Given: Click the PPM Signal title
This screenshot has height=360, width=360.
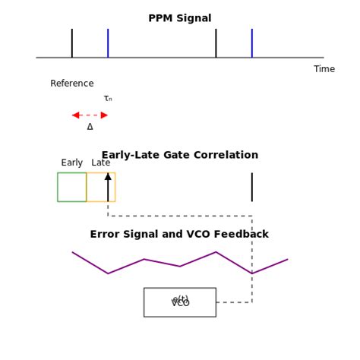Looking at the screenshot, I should pyautogui.click(x=180, y=18).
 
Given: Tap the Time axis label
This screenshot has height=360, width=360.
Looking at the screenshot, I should pyautogui.click(x=324, y=69).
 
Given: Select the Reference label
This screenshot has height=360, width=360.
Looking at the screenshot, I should pyautogui.click(x=72, y=84).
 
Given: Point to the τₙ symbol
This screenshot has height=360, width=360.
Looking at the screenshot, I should pyautogui.click(x=108, y=99).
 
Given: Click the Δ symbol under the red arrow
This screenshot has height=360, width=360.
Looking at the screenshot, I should pyautogui.click(x=90, y=127).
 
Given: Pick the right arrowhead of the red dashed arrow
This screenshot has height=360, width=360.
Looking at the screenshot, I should pyautogui.click(x=104, y=115).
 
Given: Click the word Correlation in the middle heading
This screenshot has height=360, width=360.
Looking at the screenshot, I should pyautogui.click(x=226, y=155).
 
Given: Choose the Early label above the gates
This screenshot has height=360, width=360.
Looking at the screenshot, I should pyautogui.click(x=72, y=163).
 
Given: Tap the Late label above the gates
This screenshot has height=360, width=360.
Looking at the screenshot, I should pyautogui.click(x=101, y=163).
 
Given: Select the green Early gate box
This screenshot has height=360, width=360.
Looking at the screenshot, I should pyautogui.click(x=72, y=187).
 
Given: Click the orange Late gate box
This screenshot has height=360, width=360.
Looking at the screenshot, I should pyautogui.click(x=101, y=187).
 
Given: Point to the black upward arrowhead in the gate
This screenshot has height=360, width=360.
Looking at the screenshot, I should pyautogui.click(x=108, y=176).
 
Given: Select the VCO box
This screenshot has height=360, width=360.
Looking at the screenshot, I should pyautogui.click(x=180, y=302).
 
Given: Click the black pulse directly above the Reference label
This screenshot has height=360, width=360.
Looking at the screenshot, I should pyautogui.click(x=72, y=43).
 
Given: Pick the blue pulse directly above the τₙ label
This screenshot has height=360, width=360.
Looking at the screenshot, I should pyautogui.click(x=108, y=43).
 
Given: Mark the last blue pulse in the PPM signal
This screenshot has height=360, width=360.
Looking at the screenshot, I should pyautogui.click(x=252, y=43).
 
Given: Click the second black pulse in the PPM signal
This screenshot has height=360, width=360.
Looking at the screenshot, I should pyautogui.click(x=216, y=43).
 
